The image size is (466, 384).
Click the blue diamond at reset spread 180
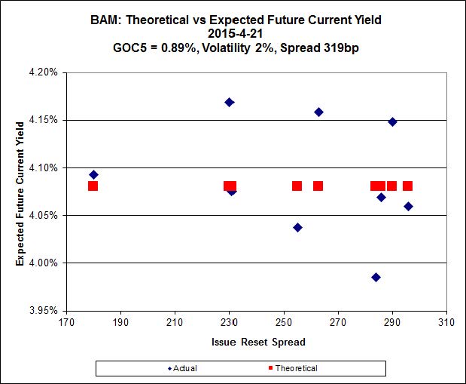(93, 175)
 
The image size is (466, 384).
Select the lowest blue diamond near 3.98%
(376, 278)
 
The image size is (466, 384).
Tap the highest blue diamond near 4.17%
(230, 103)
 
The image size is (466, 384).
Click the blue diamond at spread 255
(297, 227)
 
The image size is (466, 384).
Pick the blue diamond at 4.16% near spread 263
(318, 112)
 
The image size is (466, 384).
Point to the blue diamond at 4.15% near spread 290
(392, 121)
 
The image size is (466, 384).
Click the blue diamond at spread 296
(408, 207)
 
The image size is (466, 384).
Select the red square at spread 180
(93, 186)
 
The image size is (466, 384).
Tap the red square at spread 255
(297, 186)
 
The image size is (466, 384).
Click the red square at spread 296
(407, 186)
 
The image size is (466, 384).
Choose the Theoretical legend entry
(291, 368)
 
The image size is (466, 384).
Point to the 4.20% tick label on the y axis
(45, 72)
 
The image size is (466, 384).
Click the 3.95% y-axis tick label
(45, 310)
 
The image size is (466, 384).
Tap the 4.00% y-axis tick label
(45, 263)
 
